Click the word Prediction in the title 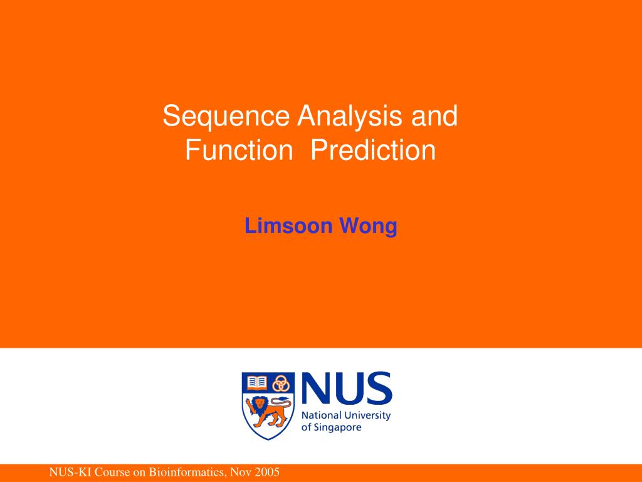click(x=374, y=151)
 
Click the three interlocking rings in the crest click(x=281, y=382)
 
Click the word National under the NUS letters click(x=322, y=415)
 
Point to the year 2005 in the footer click(x=266, y=473)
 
